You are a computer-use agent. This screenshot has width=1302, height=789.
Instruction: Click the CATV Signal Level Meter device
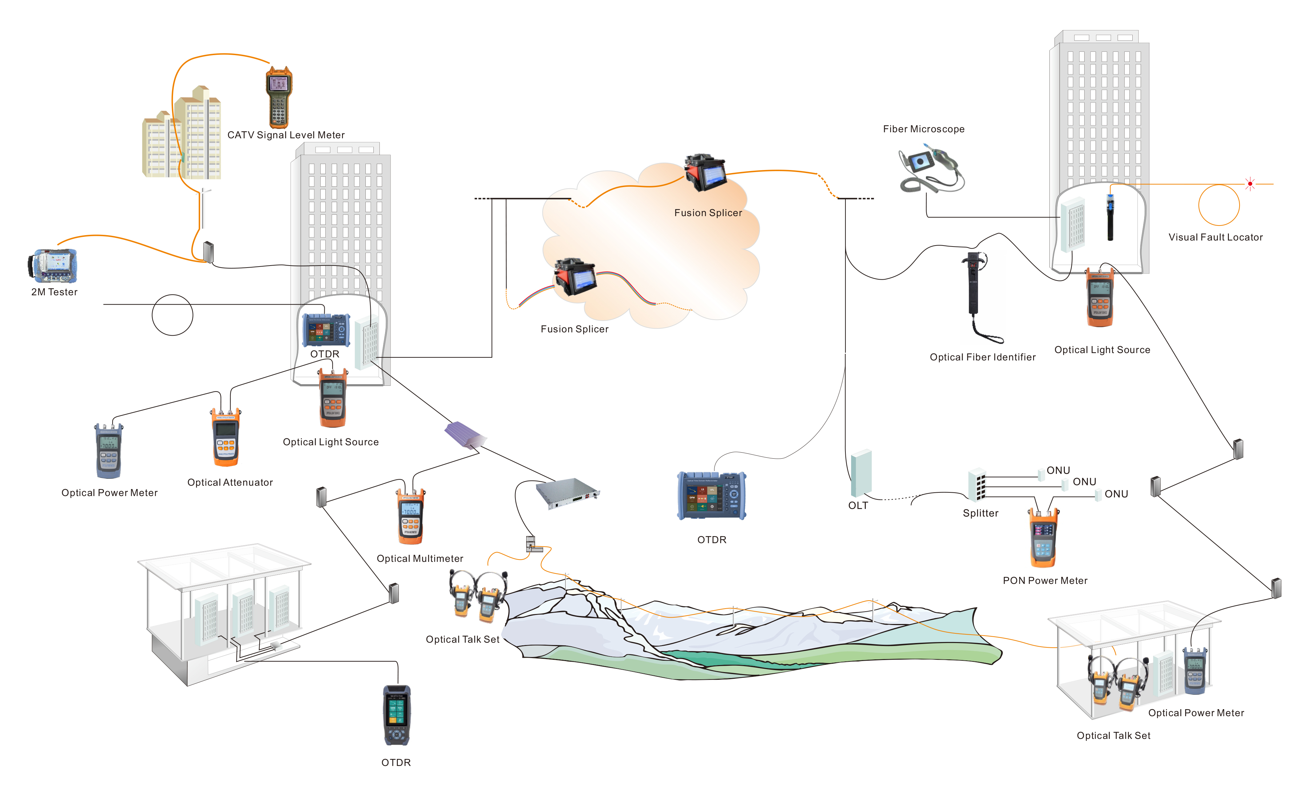click(279, 98)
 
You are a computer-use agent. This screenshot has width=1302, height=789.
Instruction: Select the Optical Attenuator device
click(226, 438)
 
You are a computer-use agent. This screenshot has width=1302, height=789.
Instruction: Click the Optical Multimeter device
click(411, 517)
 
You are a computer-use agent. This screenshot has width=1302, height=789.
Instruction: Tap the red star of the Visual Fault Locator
click(1250, 184)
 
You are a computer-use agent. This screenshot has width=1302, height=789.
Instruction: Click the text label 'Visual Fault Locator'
click(1215, 237)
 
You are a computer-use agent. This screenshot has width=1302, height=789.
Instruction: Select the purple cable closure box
click(465, 434)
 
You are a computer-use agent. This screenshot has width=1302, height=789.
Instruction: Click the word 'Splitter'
click(980, 513)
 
